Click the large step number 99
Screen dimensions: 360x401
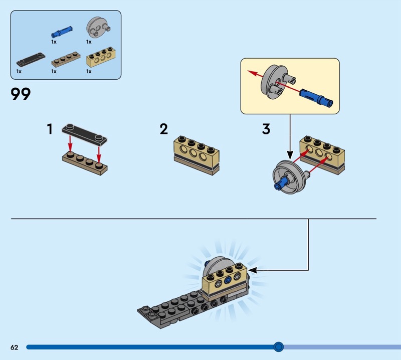coord(21,94)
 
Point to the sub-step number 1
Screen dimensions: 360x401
coord(50,129)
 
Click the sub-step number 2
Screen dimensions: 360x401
coord(164,129)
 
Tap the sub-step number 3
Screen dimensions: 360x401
coord(266,129)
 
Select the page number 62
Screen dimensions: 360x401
coord(14,347)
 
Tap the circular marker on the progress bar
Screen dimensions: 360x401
coord(279,346)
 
